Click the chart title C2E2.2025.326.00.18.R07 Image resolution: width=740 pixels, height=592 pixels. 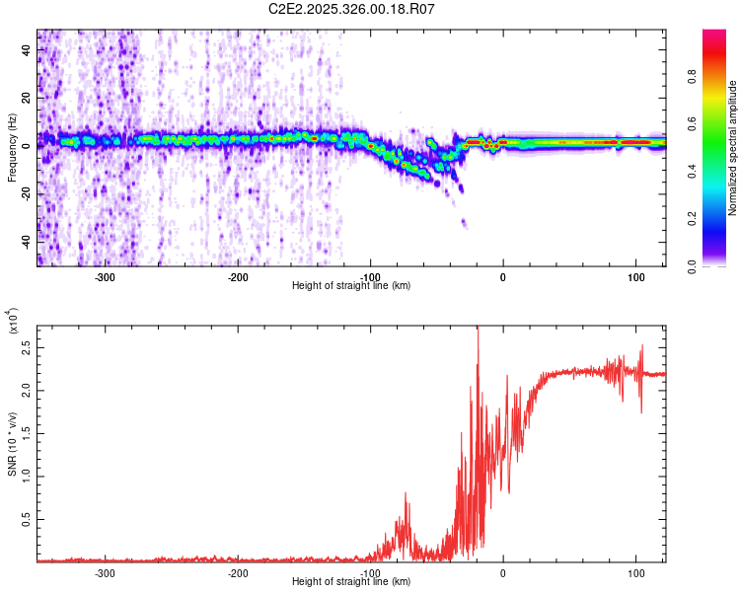(352, 9)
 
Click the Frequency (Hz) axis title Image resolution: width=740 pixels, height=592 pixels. (12, 149)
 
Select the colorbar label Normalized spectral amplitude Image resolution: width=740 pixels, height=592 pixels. (733, 149)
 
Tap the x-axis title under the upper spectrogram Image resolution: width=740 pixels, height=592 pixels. (352, 285)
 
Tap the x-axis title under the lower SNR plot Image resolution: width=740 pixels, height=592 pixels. (352, 581)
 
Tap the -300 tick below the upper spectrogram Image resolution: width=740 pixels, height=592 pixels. (105, 276)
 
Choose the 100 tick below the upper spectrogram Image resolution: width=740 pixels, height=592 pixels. (635, 276)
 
